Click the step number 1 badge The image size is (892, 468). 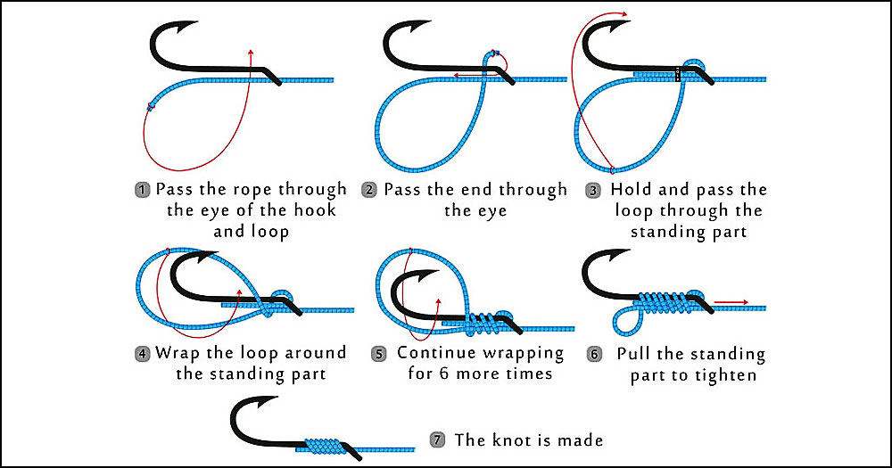point(142,190)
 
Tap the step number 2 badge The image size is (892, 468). point(369,190)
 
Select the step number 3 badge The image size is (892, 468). point(593,190)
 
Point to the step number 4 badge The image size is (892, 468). point(142,353)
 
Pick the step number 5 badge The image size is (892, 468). point(379,353)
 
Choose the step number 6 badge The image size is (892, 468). point(593,353)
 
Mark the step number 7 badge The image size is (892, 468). point(437,439)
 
